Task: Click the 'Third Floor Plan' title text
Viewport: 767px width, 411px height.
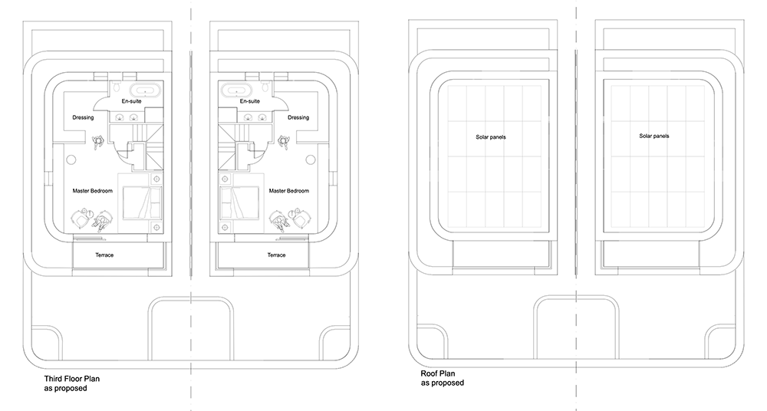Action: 72,379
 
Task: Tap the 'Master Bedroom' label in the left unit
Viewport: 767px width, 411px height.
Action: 93,191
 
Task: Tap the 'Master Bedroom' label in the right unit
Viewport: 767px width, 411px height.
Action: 289,191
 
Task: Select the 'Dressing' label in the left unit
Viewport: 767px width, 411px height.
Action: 83,117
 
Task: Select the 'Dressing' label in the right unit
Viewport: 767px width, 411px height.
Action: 298,117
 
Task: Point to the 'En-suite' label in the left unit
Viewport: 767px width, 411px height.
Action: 132,101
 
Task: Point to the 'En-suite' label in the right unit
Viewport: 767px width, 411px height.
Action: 250,101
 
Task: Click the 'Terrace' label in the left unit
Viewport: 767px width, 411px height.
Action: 104,255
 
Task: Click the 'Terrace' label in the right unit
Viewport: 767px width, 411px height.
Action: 276,255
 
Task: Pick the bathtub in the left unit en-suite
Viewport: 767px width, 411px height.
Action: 145,90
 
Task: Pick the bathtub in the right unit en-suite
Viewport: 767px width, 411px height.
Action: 236,90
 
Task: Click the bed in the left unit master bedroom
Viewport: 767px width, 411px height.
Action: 141,202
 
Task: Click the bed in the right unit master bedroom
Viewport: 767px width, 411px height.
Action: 240,202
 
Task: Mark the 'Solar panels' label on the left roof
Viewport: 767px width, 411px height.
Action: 491,137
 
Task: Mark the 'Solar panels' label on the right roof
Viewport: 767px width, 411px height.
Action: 654,136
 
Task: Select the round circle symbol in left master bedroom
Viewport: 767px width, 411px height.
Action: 71,159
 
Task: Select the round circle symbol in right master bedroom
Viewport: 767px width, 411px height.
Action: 311,159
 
